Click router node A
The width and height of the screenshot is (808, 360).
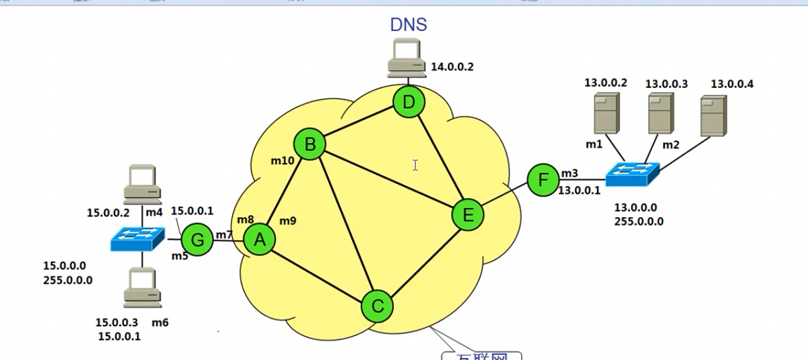259,240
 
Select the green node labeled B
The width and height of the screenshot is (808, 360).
310,144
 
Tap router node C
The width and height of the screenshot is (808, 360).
377,306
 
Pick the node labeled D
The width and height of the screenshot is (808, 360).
408,103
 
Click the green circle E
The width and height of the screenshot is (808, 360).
468,215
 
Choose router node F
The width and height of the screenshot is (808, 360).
543,180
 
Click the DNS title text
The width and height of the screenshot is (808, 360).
408,25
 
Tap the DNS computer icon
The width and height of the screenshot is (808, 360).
406,56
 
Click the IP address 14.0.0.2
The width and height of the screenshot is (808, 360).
453,66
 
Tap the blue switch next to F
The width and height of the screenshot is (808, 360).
633,174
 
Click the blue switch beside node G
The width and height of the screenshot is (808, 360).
138,238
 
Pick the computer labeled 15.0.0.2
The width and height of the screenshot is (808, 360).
143,183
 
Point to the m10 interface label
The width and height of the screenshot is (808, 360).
283,160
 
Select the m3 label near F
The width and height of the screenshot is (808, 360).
569,173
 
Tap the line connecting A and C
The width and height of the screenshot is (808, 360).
318,273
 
